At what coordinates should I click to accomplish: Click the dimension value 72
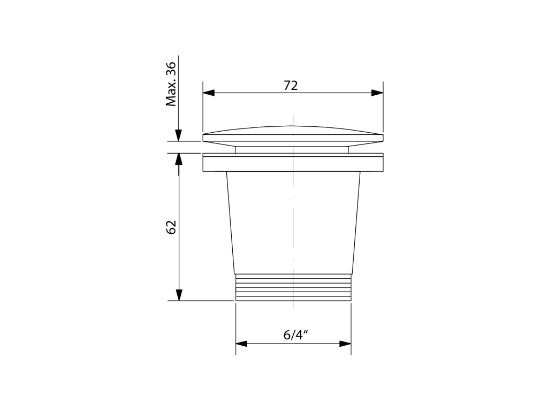pyautogui.click(x=291, y=86)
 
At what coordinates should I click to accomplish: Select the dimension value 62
pyautogui.click(x=171, y=227)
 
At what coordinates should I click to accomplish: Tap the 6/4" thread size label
pyautogui.click(x=295, y=335)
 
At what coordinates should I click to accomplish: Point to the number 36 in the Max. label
pyautogui.click(x=171, y=69)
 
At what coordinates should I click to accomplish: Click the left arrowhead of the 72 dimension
pyautogui.click(x=209, y=93)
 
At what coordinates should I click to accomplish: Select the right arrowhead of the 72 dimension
pyautogui.click(x=377, y=93)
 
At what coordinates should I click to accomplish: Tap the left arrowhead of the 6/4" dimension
pyautogui.click(x=241, y=344)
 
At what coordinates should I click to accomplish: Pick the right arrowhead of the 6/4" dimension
pyautogui.click(x=345, y=344)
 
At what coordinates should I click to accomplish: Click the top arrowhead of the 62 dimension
pyautogui.click(x=179, y=159)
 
